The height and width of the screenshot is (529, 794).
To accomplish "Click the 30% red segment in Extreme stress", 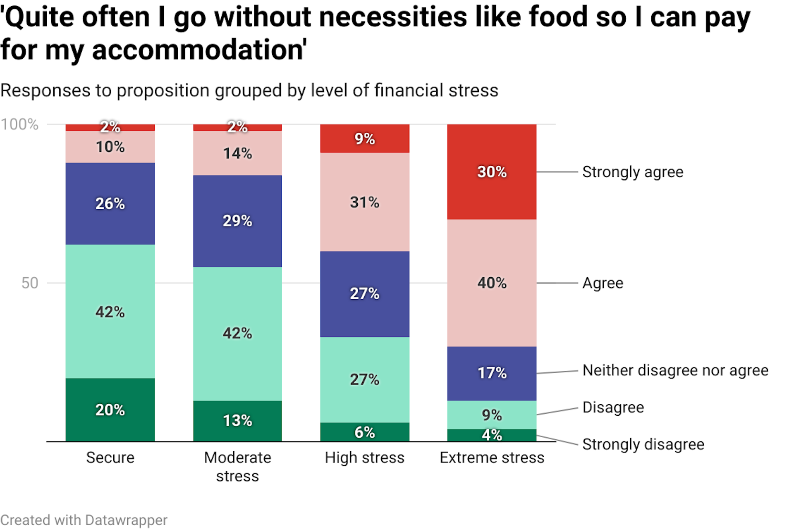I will (x=492, y=172).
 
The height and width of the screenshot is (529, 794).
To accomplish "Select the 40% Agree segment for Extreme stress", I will (x=492, y=283).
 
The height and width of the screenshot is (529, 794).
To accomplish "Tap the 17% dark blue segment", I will (x=492, y=373).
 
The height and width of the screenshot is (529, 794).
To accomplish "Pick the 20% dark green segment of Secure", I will (x=110, y=410).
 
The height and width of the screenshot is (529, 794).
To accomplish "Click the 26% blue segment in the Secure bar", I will (x=110, y=203).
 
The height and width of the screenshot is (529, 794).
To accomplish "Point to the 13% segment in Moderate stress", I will (x=237, y=420).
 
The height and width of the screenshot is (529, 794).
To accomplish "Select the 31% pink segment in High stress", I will (x=364, y=202).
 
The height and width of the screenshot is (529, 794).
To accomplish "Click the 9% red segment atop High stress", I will (x=364, y=138).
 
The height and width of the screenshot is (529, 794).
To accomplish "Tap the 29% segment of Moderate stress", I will (x=237, y=221).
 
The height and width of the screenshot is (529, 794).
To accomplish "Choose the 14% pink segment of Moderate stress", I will (x=237, y=153).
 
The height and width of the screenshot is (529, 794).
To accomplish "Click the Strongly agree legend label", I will (x=632, y=172).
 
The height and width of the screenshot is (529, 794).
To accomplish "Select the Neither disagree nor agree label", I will (x=675, y=370).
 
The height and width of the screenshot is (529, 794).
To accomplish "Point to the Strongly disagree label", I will (x=643, y=444).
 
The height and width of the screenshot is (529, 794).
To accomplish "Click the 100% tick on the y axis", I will (x=19, y=124).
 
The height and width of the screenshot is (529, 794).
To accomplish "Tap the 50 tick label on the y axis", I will (x=29, y=283).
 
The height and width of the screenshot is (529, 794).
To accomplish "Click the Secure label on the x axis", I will (x=110, y=458).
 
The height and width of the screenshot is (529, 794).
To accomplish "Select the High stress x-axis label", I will (x=364, y=458).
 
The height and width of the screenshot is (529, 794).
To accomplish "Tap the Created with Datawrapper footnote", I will (x=84, y=520).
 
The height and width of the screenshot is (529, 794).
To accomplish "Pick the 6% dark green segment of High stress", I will (x=364, y=432).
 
